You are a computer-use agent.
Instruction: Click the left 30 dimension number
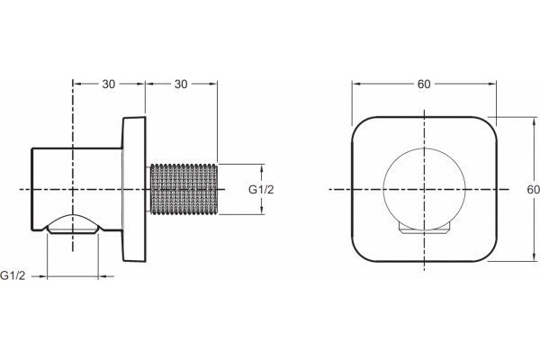(x=109, y=84)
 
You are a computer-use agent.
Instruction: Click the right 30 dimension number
(x=181, y=84)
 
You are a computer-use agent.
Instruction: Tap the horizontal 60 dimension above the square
(x=424, y=84)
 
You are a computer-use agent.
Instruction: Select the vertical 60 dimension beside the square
(x=534, y=190)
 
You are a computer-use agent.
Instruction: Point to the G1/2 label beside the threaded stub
(x=261, y=190)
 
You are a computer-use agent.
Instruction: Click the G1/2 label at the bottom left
(x=13, y=275)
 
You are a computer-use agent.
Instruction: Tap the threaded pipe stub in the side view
(x=184, y=189)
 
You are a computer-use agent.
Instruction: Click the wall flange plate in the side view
(x=134, y=189)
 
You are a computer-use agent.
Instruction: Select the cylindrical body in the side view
(x=77, y=189)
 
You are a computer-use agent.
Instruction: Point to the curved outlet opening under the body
(x=73, y=224)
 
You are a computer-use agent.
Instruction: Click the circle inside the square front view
(x=424, y=148)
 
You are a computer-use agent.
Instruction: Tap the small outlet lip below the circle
(x=424, y=229)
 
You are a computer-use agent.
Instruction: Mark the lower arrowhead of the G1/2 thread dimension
(x=262, y=210)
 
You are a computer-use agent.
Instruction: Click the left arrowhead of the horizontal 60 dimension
(x=356, y=84)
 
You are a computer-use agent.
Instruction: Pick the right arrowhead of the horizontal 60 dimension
(x=491, y=84)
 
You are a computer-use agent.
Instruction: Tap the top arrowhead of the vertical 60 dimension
(x=535, y=121)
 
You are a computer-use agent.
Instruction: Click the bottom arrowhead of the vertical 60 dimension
(x=535, y=256)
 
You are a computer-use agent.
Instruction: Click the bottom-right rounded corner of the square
(x=490, y=256)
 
